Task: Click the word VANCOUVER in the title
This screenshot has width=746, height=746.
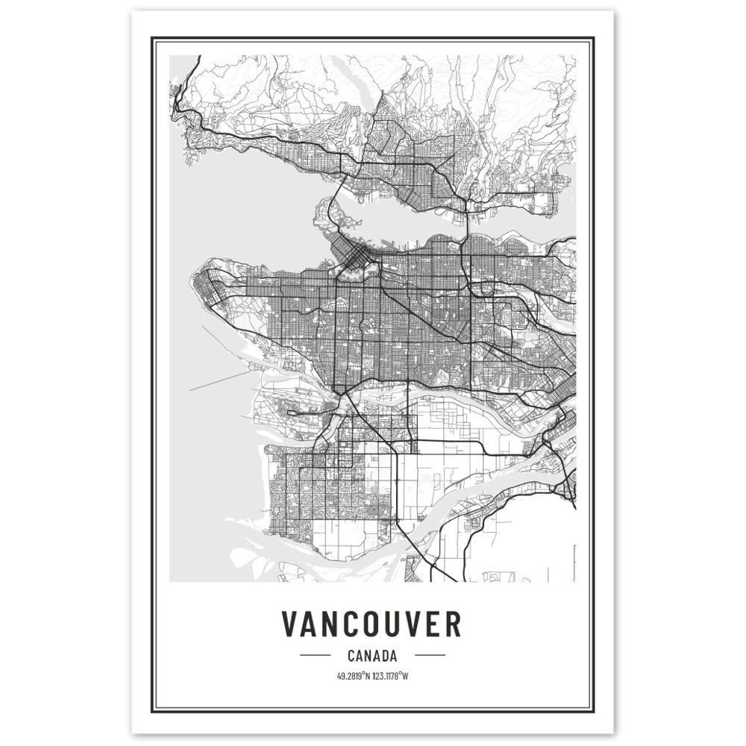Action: (x=372, y=624)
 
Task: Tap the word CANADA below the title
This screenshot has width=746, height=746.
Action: (x=372, y=656)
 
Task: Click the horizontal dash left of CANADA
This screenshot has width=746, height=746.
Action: (x=314, y=656)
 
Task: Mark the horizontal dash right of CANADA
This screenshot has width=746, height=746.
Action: (x=430, y=656)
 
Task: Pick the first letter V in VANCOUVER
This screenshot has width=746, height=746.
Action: (x=291, y=624)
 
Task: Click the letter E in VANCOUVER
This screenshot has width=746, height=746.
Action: (x=433, y=624)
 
